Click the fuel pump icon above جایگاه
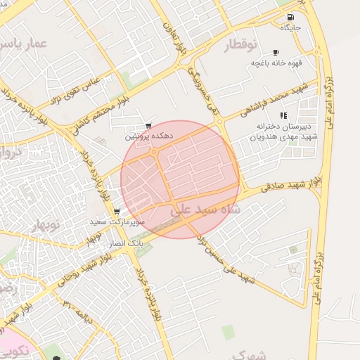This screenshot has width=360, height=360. click(290, 17)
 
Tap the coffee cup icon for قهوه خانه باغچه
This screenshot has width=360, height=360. click(276, 52)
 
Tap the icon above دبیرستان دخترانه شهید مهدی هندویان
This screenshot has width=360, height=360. click(283, 115)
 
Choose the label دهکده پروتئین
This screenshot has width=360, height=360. click(148, 137)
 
